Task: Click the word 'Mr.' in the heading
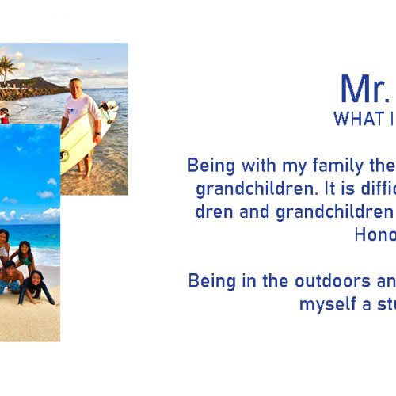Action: [x=365, y=89]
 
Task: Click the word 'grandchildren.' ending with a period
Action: [x=257, y=189]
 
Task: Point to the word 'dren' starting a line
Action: [x=214, y=211]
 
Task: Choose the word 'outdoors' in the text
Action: [x=333, y=280]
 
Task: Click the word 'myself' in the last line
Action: [x=328, y=304]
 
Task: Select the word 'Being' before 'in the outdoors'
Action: [x=211, y=282]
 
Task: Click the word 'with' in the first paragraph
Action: [x=258, y=166]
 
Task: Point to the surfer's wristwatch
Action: [x=98, y=134]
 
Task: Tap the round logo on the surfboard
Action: [x=64, y=155]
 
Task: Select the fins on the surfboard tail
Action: [x=108, y=110]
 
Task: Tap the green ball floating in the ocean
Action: [x=54, y=236]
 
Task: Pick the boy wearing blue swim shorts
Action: [x=10, y=277]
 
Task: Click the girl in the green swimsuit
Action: [x=25, y=257]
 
